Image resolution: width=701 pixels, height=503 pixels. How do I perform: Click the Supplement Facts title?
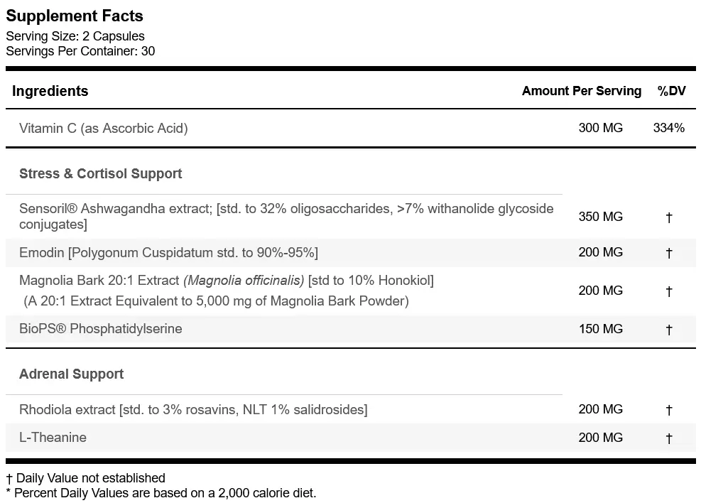[x=75, y=16]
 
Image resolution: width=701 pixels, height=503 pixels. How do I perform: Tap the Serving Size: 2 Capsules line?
[x=75, y=36]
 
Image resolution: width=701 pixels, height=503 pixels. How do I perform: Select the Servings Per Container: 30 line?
[x=80, y=51]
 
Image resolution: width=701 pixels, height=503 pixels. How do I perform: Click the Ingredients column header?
[x=50, y=91]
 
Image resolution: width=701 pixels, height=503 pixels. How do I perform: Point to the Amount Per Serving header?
[x=582, y=91]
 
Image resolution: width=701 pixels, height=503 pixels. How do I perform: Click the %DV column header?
[x=671, y=91]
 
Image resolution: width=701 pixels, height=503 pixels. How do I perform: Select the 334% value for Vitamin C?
[x=669, y=128]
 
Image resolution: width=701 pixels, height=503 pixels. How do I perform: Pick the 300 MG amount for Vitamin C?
[x=600, y=128]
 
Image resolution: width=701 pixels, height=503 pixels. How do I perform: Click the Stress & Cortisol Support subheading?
[x=101, y=173]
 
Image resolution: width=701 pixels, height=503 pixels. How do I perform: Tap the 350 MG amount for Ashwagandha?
[x=600, y=217]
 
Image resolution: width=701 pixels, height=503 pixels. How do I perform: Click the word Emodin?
[x=42, y=253]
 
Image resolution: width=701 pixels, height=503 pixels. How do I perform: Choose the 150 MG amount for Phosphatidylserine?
[x=600, y=329]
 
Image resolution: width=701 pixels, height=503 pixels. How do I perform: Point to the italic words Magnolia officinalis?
[x=244, y=281]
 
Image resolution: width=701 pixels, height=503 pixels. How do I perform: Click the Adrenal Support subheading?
[x=72, y=374]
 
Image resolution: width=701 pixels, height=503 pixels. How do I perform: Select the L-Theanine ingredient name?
[x=53, y=437]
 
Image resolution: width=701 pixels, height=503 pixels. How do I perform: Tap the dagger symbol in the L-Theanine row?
[x=669, y=438]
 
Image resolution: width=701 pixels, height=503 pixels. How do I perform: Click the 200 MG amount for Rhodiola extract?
[x=600, y=409]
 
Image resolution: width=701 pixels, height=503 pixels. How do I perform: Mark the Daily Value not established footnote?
[x=85, y=478]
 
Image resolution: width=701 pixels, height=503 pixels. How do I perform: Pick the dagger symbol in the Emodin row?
[x=669, y=253]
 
